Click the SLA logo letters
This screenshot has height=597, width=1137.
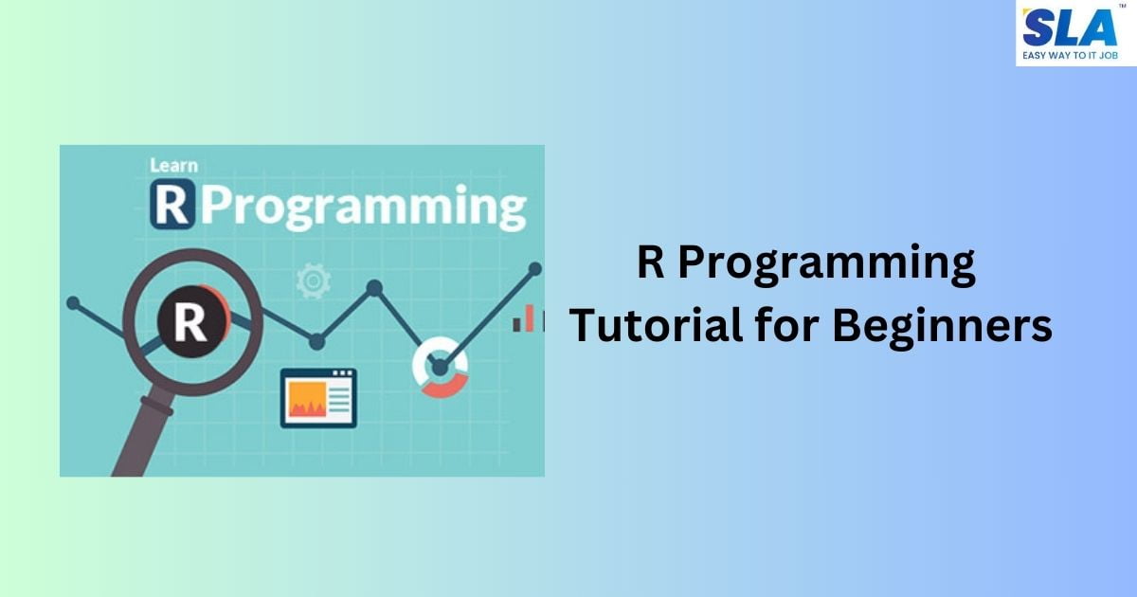(x=1070, y=27)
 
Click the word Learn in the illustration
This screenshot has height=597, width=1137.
(x=173, y=166)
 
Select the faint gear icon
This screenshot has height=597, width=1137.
(x=312, y=281)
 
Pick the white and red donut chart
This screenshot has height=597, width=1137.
(x=441, y=367)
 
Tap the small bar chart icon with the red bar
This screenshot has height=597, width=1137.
(x=526, y=319)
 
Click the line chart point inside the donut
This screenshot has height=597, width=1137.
(x=440, y=367)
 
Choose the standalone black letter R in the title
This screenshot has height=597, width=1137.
(x=650, y=263)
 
